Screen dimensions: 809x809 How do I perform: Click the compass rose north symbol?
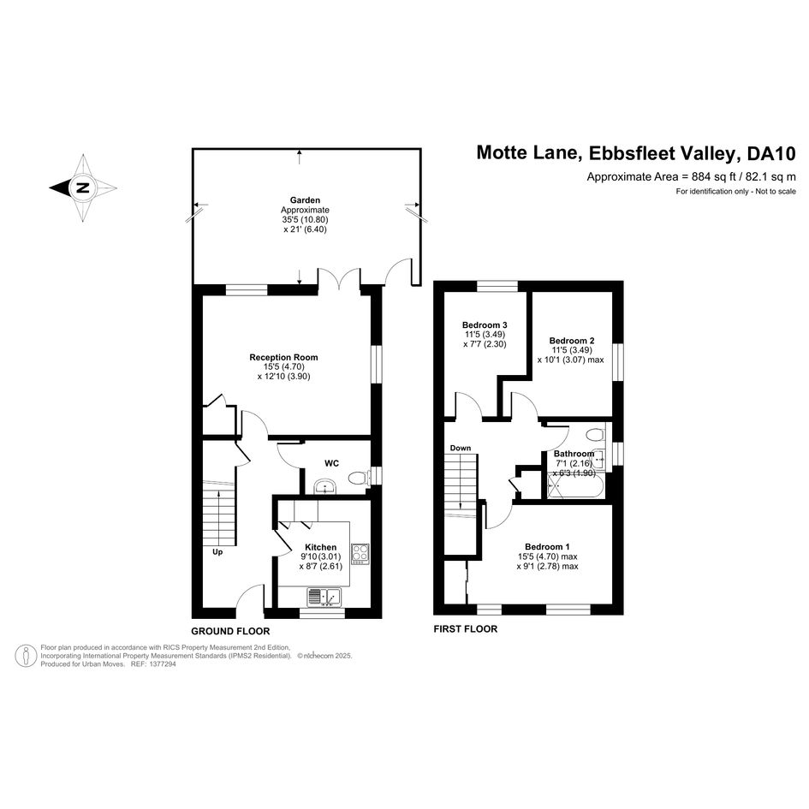point(83,188)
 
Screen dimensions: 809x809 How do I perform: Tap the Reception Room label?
point(283,357)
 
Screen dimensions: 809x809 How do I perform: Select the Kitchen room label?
point(320,547)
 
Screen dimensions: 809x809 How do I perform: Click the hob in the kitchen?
point(360,555)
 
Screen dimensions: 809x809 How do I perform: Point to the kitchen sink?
point(324,597)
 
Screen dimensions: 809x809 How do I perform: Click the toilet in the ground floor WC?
point(359,479)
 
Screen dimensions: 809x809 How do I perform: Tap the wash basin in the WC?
point(324,486)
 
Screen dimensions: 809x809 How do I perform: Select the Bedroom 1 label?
point(547,547)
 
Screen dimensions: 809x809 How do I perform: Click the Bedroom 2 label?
point(572,341)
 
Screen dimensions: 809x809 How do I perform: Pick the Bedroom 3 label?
point(485,325)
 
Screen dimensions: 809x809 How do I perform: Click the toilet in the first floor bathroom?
point(597,434)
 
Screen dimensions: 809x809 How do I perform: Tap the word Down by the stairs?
point(461,448)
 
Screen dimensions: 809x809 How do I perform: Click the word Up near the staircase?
point(217,552)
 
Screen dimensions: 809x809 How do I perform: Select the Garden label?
point(305,200)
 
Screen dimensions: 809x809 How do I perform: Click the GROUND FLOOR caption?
point(230,631)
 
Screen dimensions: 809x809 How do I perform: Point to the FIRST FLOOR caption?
point(466,629)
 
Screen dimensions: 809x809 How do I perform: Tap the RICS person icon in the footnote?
point(26,656)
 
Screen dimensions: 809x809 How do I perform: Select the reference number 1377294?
point(161,664)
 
